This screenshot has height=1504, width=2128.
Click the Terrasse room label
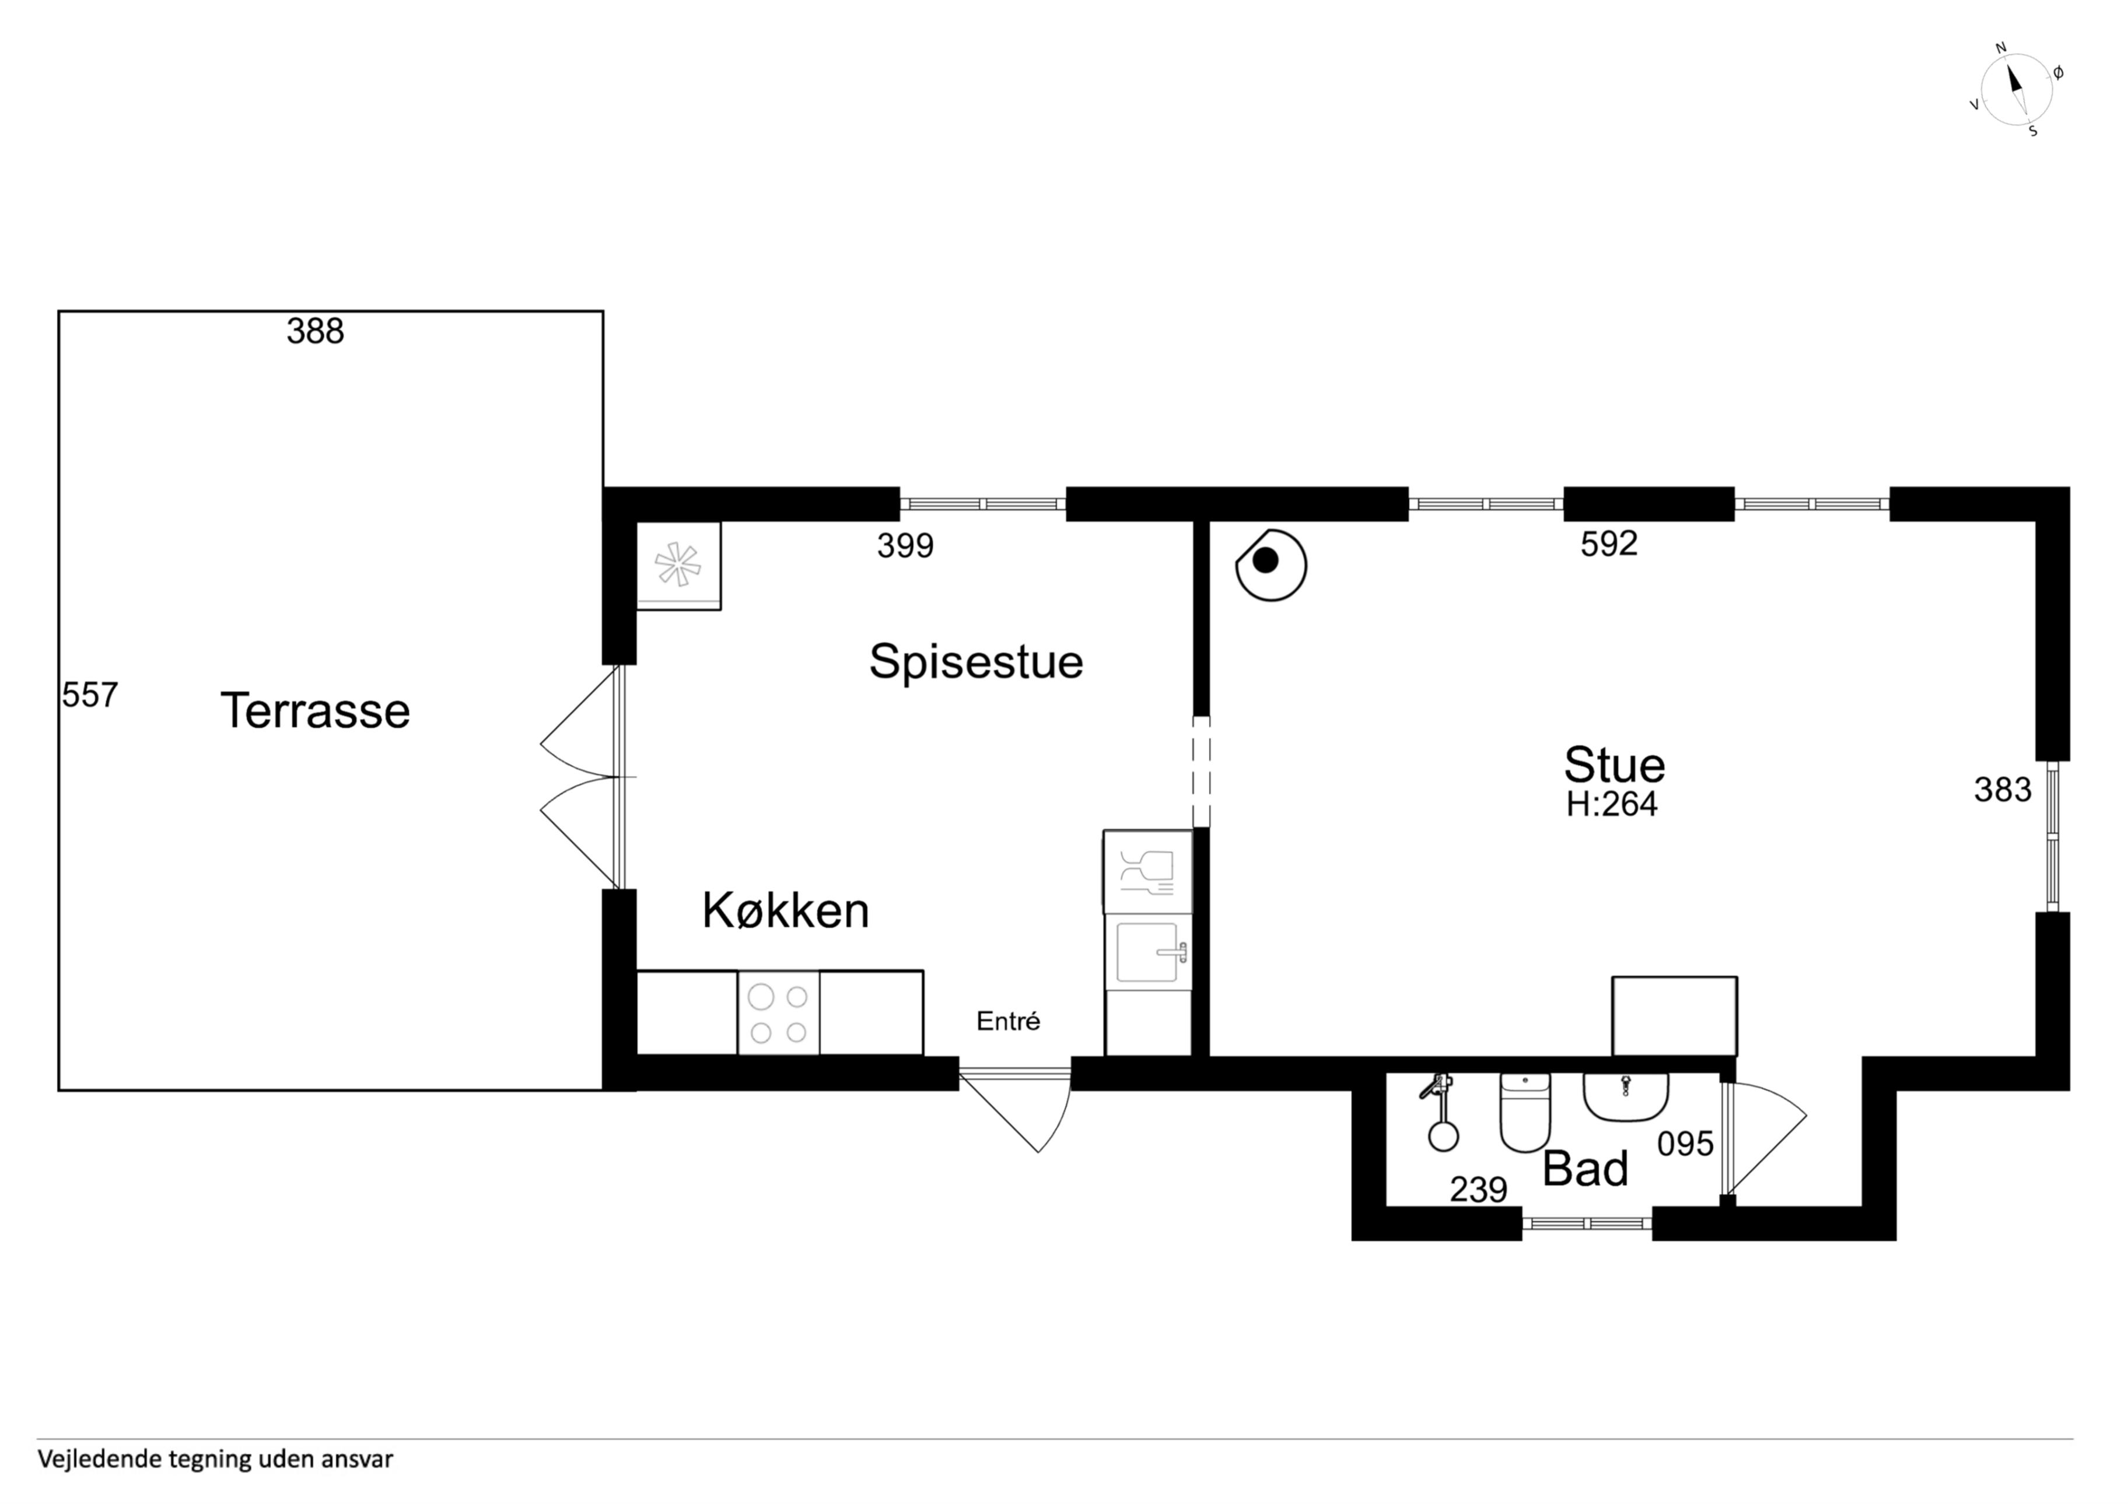pyautogui.click(x=315, y=711)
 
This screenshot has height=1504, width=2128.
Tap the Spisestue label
pyautogui.click(x=976, y=662)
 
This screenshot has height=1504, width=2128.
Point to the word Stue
pyautogui.click(x=1615, y=766)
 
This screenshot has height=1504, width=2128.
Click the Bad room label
pyautogui.click(x=1585, y=1169)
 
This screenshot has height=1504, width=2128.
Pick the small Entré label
pyautogui.click(x=1009, y=1021)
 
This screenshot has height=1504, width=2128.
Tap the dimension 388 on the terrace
pyautogui.click(x=315, y=331)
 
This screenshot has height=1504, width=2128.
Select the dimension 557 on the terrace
pyautogui.click(x=90, y=695)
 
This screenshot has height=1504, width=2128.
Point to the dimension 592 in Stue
pyautogui.click(x=1609, y=544)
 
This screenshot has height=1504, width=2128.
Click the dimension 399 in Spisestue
pyautogui.click(x=905, y=546)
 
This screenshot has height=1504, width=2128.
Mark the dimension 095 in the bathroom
pyautogui.click(x=1685, y=1144)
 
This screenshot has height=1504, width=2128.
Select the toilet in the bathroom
pyautogui.click(x=1525, y=1112)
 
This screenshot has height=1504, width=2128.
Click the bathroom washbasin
pyautogui.click(x=1626, y=1097)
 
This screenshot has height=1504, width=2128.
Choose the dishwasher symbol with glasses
pyautogui.click(x=1147, y=871)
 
